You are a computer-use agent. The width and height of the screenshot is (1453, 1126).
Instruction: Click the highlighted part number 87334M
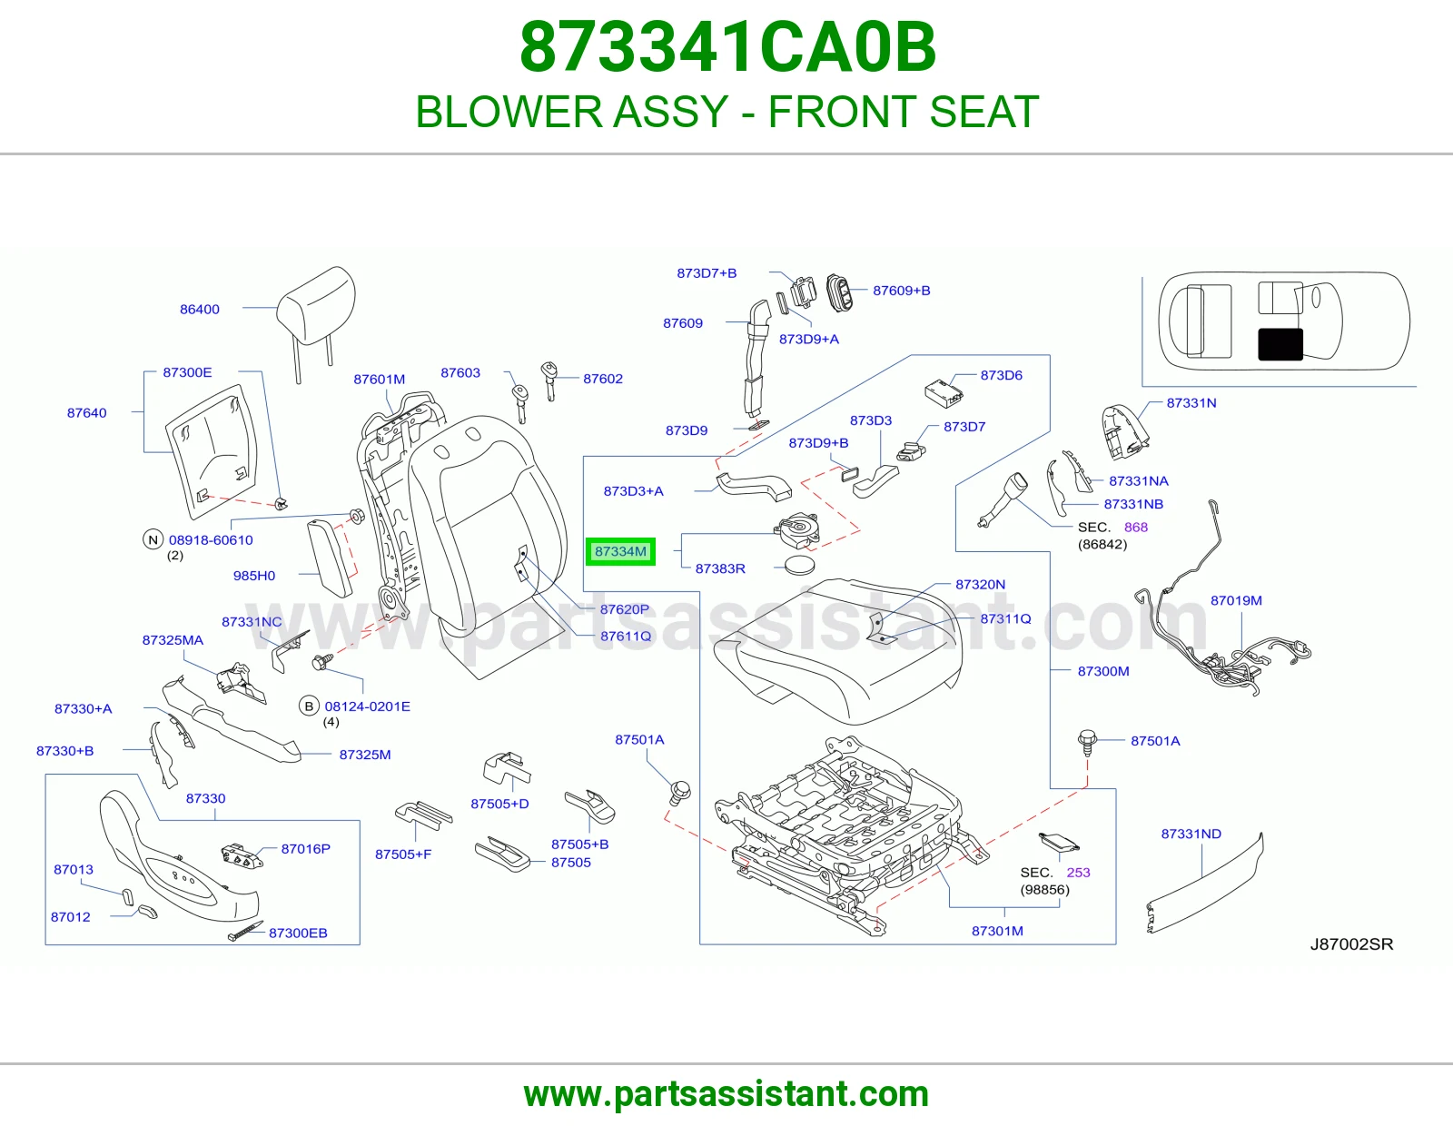click(x=620, y=551)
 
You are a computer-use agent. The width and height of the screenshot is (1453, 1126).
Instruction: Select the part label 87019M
click(x=1236, y=600)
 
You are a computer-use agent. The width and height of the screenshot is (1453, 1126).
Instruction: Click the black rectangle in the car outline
click(x=1280, y=344)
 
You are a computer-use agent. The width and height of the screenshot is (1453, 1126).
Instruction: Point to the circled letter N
click(x=153, y=539)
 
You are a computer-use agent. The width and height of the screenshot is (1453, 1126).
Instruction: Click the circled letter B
click(x=309, y=706)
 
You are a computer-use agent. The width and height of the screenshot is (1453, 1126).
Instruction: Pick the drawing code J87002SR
click(x=1351, y=944)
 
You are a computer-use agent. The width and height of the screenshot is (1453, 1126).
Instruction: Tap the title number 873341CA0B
click(x=727, y=47)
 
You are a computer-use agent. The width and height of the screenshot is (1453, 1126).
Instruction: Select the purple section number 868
click(x=1135, y=527)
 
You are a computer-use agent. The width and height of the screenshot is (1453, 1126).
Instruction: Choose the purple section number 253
click(x=1078, y=872)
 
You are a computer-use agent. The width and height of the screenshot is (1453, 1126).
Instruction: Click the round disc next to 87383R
click(x=799, y=566)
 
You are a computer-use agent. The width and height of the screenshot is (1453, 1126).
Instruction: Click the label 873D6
click(x=1001, y=375)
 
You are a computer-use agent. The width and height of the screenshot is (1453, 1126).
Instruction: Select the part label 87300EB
click(x=298, y=933)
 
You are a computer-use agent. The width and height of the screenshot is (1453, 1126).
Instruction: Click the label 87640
click(x=87, y=412)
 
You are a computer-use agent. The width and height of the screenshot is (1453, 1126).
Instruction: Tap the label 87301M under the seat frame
click(x=997, y=931)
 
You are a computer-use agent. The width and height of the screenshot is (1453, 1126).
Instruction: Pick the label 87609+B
click(x=902, y=291)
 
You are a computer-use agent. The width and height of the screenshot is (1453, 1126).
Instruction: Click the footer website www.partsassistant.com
click(x=726, y=1094)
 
